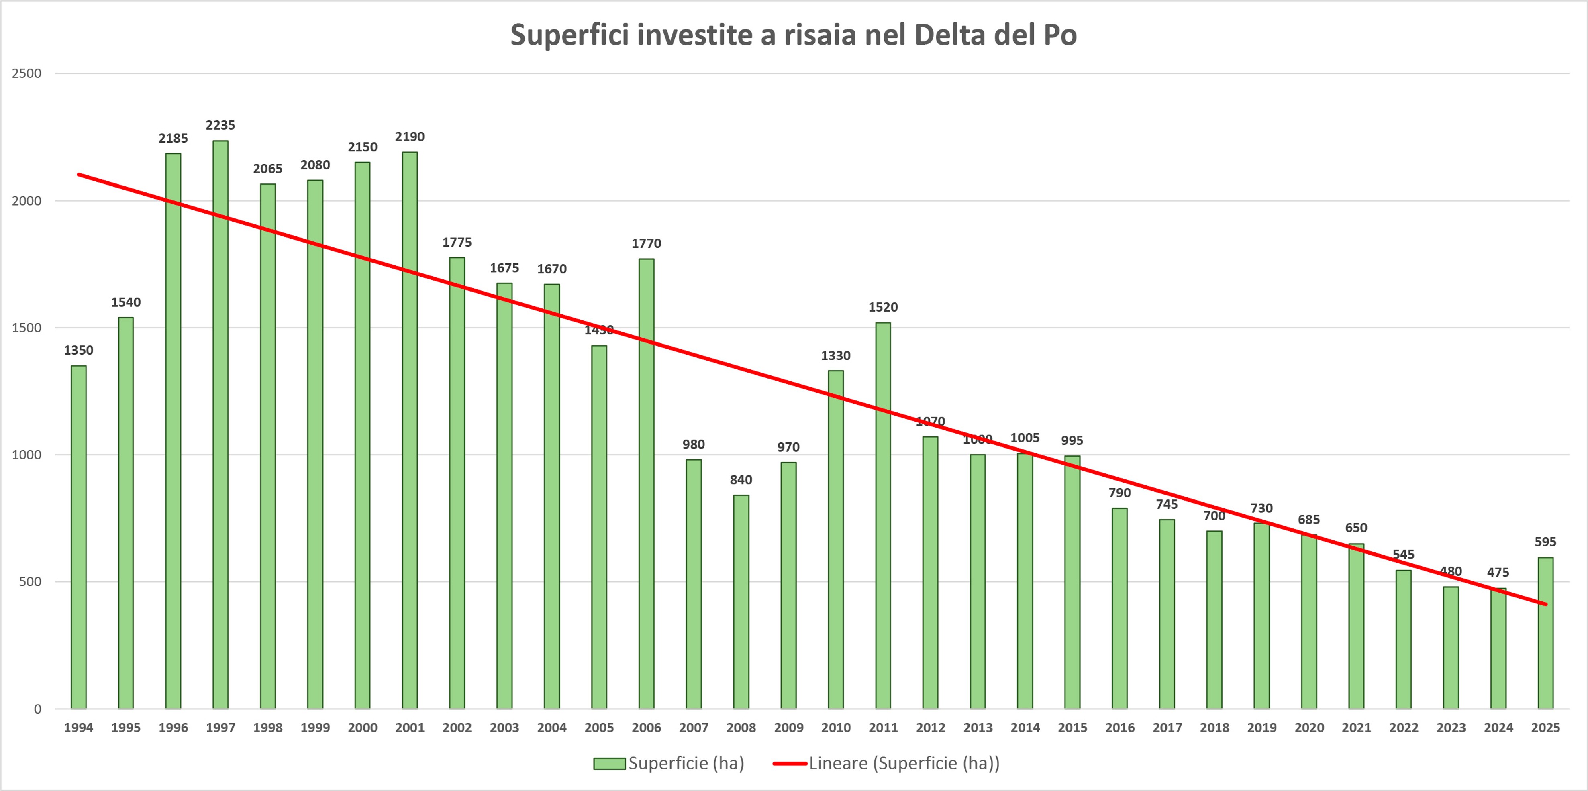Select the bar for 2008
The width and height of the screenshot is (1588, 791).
[741, 602]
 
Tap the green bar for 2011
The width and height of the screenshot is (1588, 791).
[883, 516]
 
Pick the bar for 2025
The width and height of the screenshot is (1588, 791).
[1545, 633]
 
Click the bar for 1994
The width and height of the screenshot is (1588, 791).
[78, 537]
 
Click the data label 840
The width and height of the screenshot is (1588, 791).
[741, 480]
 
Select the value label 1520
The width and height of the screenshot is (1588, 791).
[883, 307]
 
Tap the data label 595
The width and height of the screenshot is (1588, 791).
[1545, 542]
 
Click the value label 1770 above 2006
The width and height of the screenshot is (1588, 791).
[646, 244]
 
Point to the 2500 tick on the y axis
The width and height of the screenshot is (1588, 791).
[27, 74]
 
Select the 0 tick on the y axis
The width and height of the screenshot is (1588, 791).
[38, 709]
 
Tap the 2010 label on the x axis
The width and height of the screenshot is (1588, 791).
[836, 728]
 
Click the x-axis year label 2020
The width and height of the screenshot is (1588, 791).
[1309, 728]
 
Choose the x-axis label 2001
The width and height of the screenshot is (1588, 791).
[410, 728]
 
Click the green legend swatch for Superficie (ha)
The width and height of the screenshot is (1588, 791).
[609, 764]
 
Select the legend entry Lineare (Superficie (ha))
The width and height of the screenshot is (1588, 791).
[904, 763]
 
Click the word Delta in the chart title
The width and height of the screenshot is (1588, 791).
[950, 35]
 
